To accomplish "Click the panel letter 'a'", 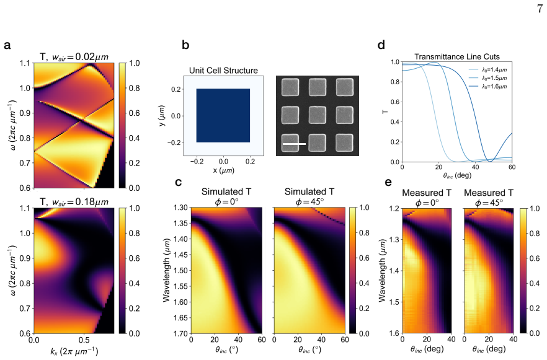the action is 7,45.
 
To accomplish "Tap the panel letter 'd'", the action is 381,45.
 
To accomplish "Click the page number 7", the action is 540,8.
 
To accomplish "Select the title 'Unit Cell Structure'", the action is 223,71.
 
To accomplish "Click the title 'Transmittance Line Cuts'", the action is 457,56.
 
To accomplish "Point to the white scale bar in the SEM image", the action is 294,144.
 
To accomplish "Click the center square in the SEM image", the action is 318,115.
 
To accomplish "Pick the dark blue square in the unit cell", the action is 223,115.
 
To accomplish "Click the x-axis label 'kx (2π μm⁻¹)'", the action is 74,351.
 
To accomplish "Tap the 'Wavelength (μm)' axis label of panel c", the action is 166,270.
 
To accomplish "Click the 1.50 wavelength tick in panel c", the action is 181,270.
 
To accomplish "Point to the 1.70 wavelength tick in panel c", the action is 181,333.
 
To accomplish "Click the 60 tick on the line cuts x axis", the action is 512,167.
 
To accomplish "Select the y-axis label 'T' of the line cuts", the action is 385,112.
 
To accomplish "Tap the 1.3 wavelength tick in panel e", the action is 394,239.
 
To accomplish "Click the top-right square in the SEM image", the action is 345,87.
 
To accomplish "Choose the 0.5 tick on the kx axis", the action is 84,339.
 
